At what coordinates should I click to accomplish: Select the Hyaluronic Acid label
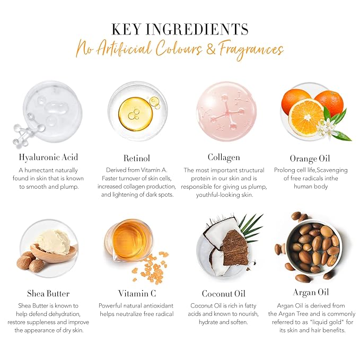(x=48, y=157)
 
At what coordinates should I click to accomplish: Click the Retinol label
(x=137, y=157)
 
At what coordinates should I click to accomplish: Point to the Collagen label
(x=223, y=157)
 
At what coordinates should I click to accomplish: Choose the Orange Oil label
(x=310, y=158)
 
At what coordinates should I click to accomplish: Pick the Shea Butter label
(x=48, y=293)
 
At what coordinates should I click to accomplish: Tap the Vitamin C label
(x=137, y=293)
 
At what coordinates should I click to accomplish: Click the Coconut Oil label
(x=223, y=293)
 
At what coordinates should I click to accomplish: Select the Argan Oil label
(x=311, y=293)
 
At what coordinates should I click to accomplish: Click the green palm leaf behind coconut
(x=249, y=225)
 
